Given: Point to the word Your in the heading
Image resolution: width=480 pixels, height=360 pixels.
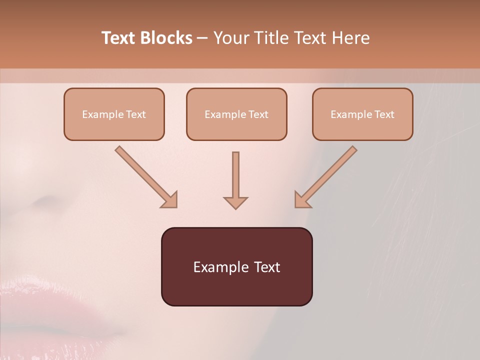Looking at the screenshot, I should tap(229, 38).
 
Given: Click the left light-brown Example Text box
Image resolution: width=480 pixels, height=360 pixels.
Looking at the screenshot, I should tap(114, 114).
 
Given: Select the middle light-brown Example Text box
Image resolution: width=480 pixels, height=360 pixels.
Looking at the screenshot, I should tap(236, 114).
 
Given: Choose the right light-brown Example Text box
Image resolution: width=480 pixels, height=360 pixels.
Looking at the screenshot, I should tap(362, 114).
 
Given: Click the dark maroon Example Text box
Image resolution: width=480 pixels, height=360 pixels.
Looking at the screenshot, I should tap(236, 266).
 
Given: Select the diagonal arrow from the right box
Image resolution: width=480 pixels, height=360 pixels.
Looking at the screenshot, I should tap(327, 175).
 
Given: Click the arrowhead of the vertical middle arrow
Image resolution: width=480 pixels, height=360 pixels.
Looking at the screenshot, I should tap(235, 202).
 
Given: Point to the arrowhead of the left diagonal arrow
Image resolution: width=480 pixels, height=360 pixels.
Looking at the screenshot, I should tap(170, 200).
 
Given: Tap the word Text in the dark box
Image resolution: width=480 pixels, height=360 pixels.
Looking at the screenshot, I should tap(267, 267).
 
